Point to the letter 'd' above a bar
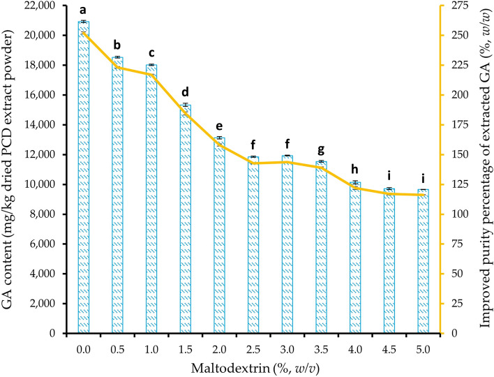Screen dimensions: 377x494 186,92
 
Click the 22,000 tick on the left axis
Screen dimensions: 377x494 40,6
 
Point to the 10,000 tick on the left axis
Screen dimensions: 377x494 40,184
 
